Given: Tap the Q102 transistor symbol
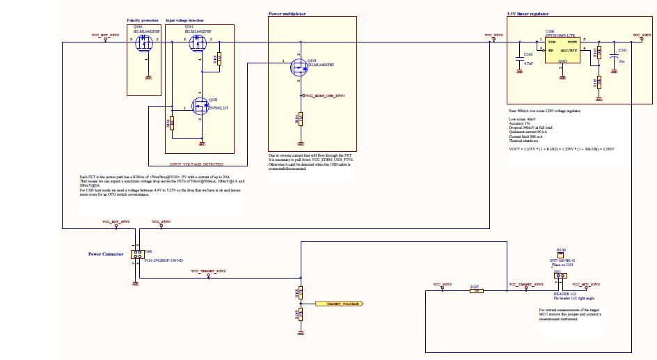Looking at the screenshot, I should (x=198, y=107).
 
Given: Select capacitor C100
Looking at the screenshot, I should (x=519, y=59).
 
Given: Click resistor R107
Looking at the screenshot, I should (x=476, y=291).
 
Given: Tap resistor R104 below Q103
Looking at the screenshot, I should (x=300, y=118).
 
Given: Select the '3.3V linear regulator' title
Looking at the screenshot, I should (x=532, y=13).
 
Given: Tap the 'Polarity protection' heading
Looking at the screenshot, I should (x=144, y=21).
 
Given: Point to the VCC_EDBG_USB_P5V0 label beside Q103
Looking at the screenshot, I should (x=324, y=95).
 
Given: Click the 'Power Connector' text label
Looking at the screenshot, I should (x=106, y=254).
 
